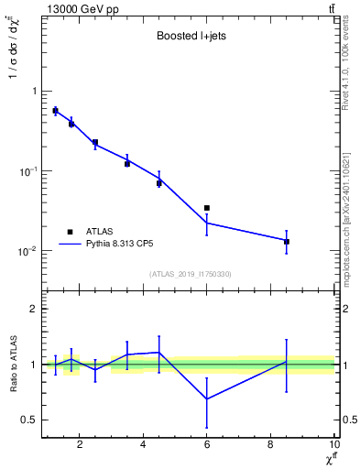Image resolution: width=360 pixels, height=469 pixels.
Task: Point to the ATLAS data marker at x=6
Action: click(207, 208)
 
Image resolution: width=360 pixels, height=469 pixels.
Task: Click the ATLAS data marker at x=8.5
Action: click(287, 242)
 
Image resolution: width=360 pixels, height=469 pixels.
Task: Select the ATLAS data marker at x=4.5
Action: click(159, 183)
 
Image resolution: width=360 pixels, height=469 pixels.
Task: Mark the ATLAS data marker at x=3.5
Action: click(127, 163)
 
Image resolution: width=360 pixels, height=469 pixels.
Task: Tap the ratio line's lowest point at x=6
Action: click(207, 398)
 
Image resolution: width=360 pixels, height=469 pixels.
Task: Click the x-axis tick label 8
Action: click(271, 446)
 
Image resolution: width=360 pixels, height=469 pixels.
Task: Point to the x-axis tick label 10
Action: click(334, 446)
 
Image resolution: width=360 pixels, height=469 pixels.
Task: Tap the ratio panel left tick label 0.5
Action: click(29, 420)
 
